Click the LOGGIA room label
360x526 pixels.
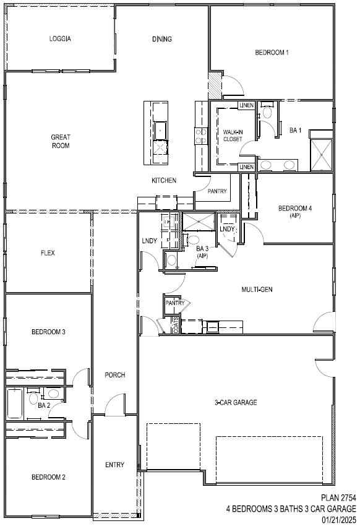point(61,39)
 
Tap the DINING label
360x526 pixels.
point(162,39)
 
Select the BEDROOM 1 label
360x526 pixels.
point(272,53)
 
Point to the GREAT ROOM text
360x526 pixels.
point(61,141)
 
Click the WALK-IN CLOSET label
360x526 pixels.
point(233,136)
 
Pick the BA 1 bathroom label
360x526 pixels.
point(296,131)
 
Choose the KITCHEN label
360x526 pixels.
point(165,181)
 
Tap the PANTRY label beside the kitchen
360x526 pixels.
point(217,192)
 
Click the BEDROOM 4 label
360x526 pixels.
point(295,211)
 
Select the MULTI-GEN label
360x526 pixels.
point(257,289)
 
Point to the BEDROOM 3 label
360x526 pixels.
point(49,332)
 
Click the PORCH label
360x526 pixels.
point(115,375)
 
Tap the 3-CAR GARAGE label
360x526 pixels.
point(236,403)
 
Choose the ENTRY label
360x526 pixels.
point(114,465)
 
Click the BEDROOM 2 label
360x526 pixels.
point(49,477)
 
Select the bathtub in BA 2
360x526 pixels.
point(15,403)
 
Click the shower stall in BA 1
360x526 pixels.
point(321,153)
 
